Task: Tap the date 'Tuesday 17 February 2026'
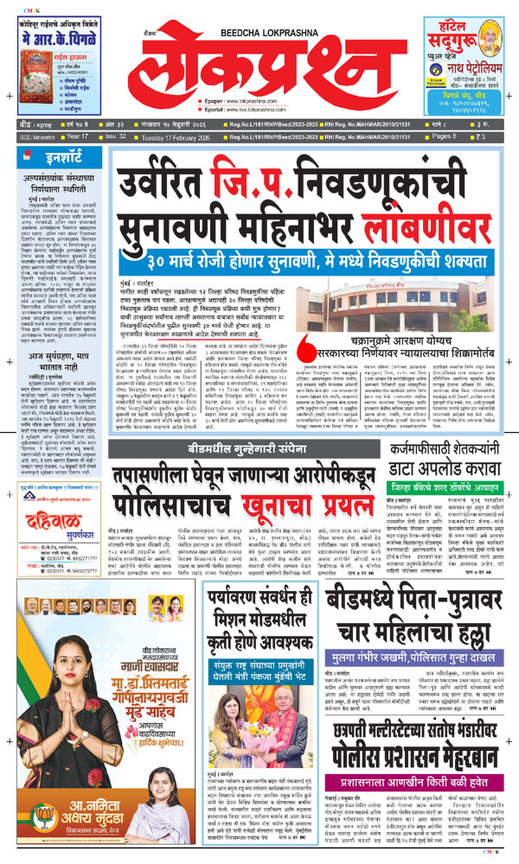(x=163, y=137)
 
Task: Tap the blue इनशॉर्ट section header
(x=61, y=158)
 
